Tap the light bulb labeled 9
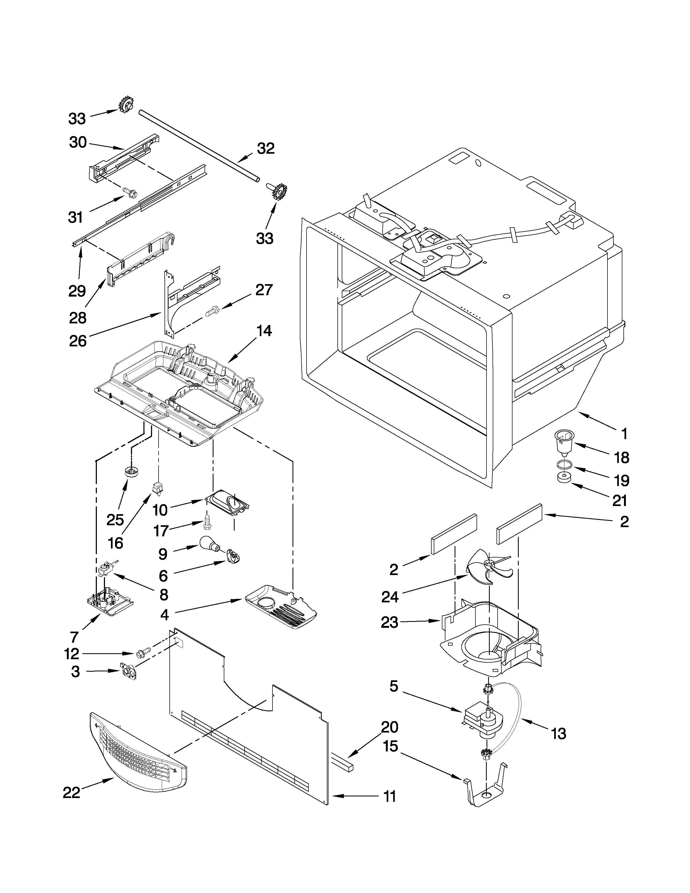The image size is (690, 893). coord(210,543)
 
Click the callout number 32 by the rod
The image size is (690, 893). coord(266,148)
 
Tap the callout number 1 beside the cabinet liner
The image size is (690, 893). coord(623,434)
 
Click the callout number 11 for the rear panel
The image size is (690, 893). coord(390,807)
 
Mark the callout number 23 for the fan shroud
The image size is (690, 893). coord(389,623)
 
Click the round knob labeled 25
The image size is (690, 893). coord(130,472)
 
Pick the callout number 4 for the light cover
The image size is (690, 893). coord(164,614)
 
